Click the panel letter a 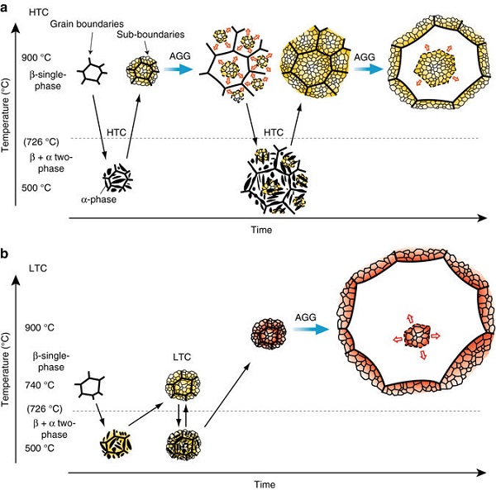point(7,7)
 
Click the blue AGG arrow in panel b point(305,333)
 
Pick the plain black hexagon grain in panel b point(88,385)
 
